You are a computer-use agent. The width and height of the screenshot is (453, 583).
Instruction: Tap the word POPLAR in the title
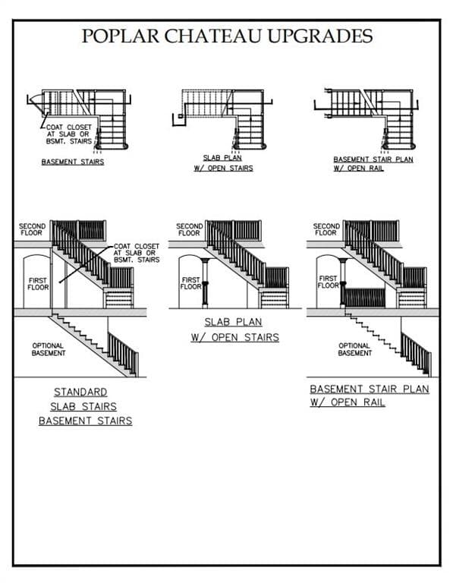(121, 36)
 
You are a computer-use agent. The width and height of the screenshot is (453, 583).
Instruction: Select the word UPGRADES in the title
(320, 36)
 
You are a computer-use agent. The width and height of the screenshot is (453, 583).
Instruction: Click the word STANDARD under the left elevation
(80, 392)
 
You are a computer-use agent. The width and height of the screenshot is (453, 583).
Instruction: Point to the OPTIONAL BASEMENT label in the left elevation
(49, 349)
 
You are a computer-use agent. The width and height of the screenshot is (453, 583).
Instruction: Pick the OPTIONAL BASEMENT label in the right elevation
(355, 349)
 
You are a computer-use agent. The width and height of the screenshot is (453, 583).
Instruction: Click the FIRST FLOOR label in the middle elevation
(191, 283)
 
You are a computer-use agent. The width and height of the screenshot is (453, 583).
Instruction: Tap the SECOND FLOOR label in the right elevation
(326, 229)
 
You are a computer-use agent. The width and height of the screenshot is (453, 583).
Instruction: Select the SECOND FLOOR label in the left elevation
(32, 229)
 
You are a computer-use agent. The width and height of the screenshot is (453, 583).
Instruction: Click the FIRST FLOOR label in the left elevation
(38, 284)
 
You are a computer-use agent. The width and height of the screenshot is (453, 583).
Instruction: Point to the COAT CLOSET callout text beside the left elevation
(137, 253)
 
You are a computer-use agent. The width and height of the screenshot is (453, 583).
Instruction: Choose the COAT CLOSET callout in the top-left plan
(69, 134)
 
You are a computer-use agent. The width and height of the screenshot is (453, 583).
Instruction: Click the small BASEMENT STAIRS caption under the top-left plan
(73, 162)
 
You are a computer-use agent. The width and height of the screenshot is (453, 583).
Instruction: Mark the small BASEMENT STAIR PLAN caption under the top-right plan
(373, 159)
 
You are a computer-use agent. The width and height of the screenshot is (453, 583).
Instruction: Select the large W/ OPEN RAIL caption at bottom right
(348, 402)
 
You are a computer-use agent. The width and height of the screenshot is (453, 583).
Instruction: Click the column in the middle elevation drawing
(205, 282)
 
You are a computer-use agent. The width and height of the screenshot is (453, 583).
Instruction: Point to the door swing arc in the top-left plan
(36, 103)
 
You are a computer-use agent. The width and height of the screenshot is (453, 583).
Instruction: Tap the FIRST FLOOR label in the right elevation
(328, 282)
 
